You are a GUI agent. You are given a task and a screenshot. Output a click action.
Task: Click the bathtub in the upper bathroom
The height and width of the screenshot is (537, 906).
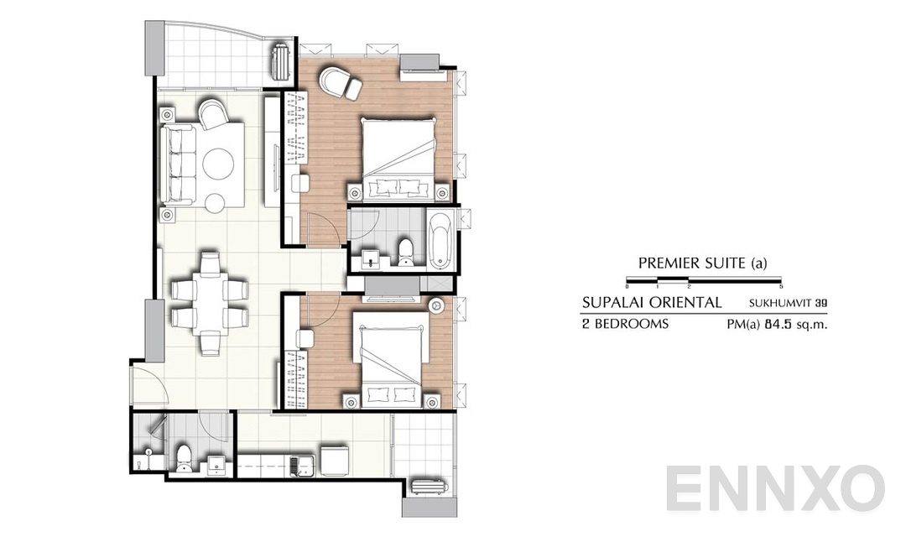[x=441, y=242]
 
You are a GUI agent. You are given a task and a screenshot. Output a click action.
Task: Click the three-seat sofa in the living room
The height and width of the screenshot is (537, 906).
[x=178, y=164]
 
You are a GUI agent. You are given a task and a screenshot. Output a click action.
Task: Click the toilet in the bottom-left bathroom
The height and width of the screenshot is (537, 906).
[x=184, y=458]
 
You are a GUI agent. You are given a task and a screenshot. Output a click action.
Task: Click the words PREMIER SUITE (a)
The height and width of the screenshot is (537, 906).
[x=703, y=263]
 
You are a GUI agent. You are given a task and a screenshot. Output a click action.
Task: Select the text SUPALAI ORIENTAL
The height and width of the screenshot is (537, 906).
[x=652, y=302]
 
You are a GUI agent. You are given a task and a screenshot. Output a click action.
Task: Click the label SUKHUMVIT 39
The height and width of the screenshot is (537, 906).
[x=789, y=303]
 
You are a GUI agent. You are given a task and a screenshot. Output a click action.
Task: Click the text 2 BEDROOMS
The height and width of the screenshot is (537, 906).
[x=625, y=324]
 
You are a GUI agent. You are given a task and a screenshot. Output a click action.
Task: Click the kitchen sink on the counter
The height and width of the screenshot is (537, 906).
[x=299, y=463]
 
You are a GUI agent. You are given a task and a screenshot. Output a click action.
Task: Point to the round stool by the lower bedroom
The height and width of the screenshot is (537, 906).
[x=438, y=306]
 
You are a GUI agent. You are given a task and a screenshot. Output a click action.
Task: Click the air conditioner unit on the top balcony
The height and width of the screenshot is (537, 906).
[x=280, y=60]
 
